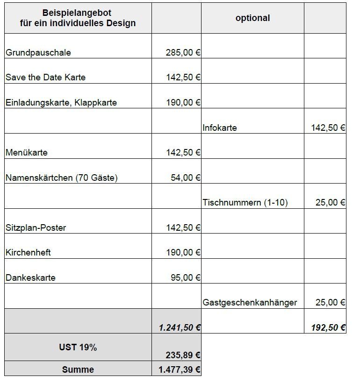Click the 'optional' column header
[252, 18]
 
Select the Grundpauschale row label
[38, 53]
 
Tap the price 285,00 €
[183, 53]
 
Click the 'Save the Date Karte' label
[45, 78]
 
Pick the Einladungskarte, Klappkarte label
[61, 103]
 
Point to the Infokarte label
[220, 128]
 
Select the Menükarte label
[27, 153]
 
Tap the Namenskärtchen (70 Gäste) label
[62, 178]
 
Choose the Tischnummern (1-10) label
[245, 203]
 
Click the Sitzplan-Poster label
[36, 228]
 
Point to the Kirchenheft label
[28, 253]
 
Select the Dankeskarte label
[30, 278]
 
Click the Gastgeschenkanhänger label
[250, 303]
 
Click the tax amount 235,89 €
[183, 355]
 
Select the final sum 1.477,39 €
[180, 370]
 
